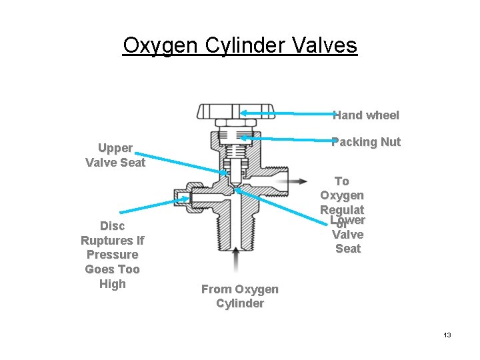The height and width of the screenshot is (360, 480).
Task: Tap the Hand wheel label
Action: coord(366,115)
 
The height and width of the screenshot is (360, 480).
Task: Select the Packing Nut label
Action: coord(366,141)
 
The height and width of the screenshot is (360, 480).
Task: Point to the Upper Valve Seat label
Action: coord(115,155)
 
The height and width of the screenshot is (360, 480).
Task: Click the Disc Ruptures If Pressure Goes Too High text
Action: coord(112,255)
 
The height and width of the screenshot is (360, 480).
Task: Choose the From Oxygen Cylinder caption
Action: coord(240,296)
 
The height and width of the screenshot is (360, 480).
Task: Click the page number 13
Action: coord(447,335)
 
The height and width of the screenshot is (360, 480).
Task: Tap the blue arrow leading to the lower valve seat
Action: coord(280,203)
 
